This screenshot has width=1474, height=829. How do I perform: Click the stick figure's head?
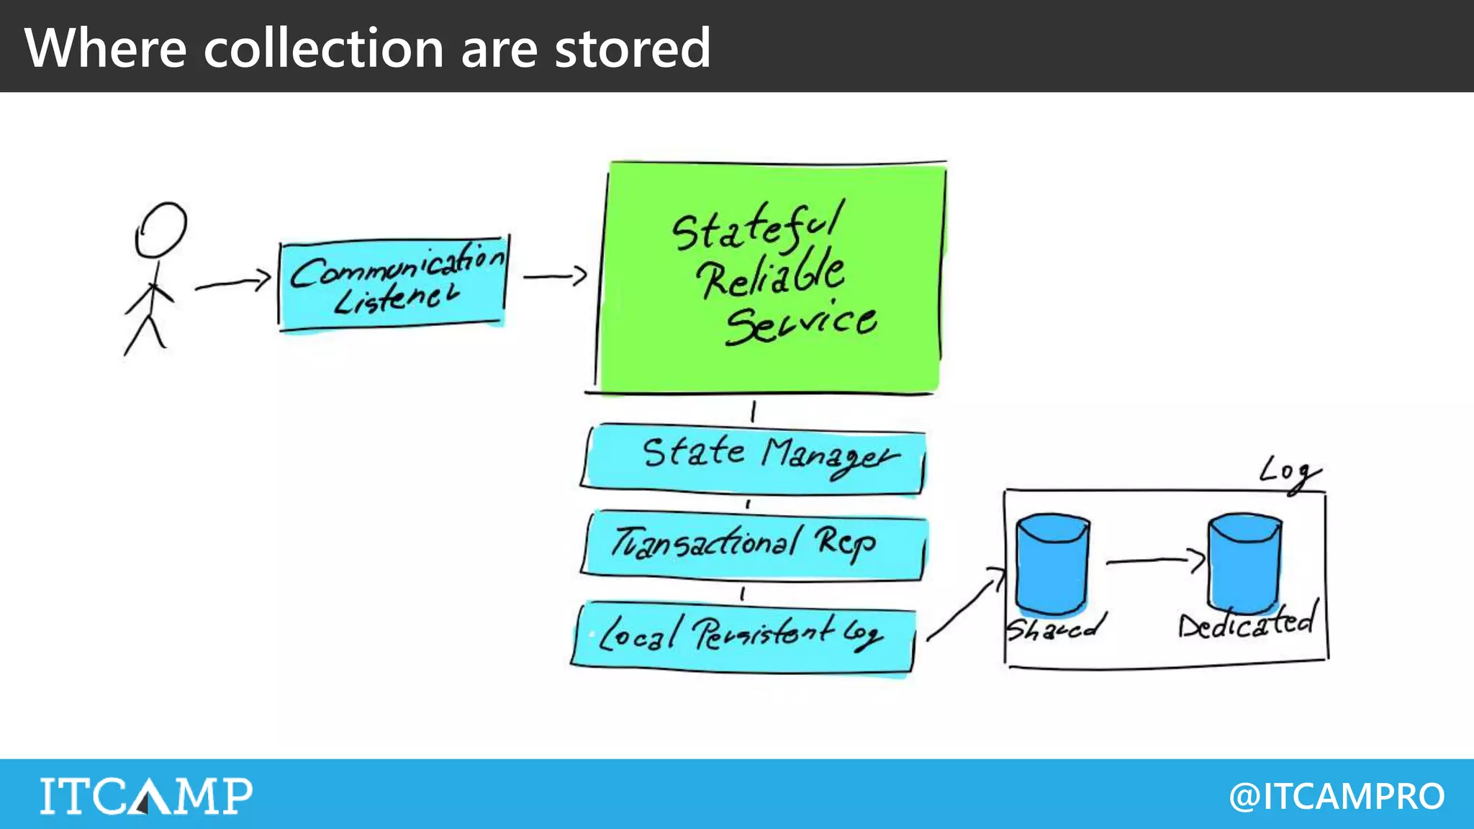click(160, 230)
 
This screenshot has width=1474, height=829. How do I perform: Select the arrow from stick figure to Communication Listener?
click(232, 283)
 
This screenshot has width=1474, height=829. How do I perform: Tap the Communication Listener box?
click(393, 284)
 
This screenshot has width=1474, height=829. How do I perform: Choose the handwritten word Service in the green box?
click(800, 324)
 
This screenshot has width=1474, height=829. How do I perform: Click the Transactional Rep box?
click(753, 544)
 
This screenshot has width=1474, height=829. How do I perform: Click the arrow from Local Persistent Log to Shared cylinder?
click(964, 605)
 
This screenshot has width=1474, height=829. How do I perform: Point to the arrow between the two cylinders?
click(1154, 561)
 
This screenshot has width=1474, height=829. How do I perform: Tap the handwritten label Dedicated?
click(1248, 623)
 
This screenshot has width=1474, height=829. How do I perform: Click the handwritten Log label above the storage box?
click(1289, 474)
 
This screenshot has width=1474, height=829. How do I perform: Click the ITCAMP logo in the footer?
click(146, 796)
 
